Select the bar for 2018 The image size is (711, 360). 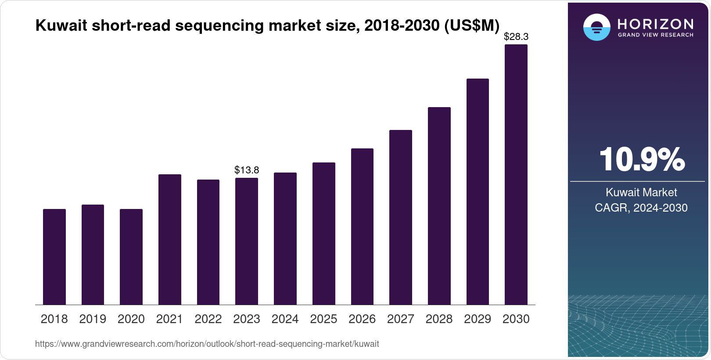pos(54,257)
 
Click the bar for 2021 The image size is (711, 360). pos(170,239)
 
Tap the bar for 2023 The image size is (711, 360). pos(247,241)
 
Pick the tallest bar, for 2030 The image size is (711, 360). pos(516,175)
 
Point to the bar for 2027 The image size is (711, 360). pos(401,217)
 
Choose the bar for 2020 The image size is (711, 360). pos(131,257)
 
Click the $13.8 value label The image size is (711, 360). pos(247,170)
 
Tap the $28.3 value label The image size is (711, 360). pos(516,37)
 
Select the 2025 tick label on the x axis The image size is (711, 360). pos(323,319)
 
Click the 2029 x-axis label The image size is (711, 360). pos(478,319)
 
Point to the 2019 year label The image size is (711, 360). pos(93,319)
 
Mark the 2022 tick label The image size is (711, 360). pos(208,319)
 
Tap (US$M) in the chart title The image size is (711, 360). pos(472,25)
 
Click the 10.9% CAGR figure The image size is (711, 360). pos(642,159)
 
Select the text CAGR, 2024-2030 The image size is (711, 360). pos(641,208)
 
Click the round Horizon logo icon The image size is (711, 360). pos(596,27)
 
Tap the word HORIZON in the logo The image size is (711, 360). pos(655,24)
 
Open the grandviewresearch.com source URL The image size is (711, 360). pos(207,344)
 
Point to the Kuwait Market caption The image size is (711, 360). pos(641,192)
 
